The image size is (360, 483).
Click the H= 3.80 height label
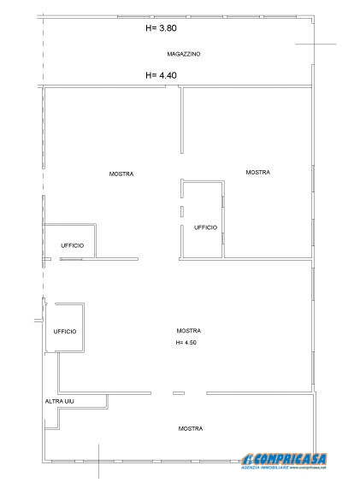click(x=162, y=27)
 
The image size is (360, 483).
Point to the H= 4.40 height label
click(x=162, y=75)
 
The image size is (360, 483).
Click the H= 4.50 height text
click(x=186, y=343)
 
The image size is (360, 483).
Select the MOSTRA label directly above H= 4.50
click(x=188, y=331)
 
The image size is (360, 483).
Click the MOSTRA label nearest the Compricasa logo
click(x=191, y=428)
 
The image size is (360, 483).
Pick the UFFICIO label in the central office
click(x=205, y=227)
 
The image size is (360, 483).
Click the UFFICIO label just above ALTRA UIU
click(x=65, y=331)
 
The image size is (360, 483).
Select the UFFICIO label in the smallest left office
click(x=72, y=245)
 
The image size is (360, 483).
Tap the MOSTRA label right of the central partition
click(x=257, y=172)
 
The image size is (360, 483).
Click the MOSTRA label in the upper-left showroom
click(x=121, y=174)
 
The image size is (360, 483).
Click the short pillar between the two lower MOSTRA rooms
click(x=178, y=393)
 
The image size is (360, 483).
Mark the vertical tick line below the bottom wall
click(x=99, y=462)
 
